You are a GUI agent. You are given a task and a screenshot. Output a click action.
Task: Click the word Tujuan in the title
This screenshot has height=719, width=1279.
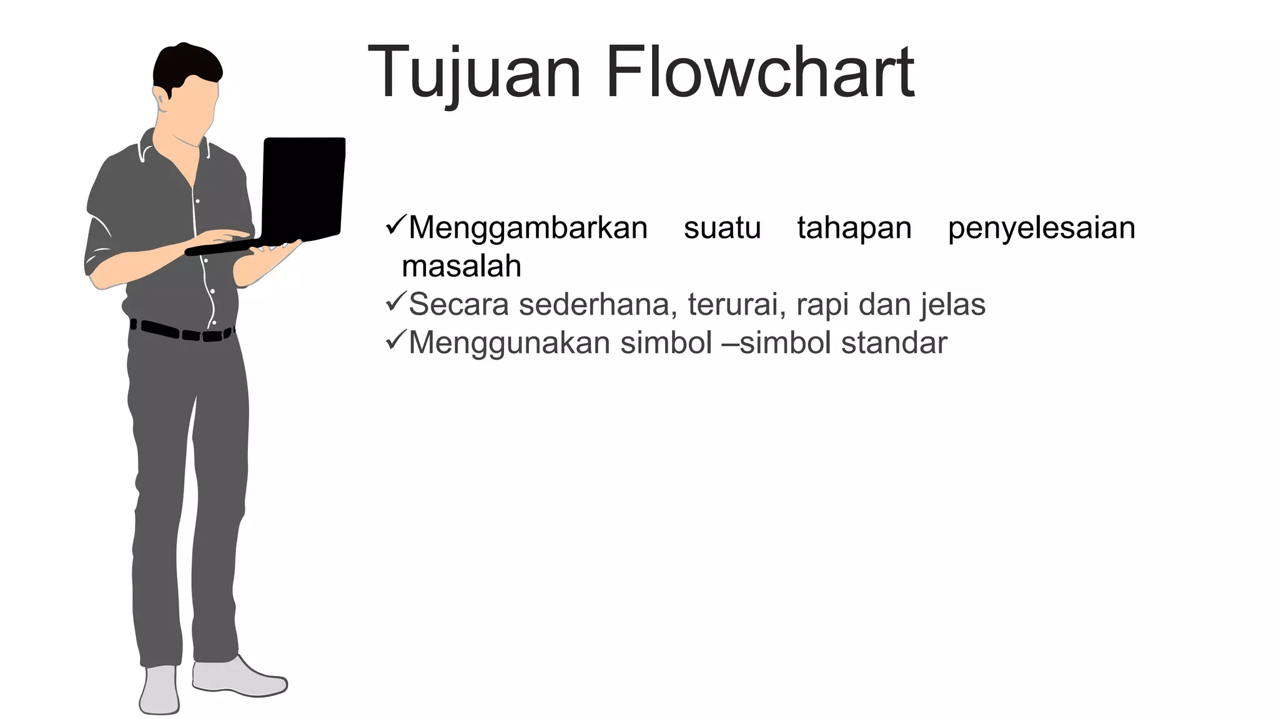click(475, 74)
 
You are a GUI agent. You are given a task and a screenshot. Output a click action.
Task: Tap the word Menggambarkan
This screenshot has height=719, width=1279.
click(528, 228)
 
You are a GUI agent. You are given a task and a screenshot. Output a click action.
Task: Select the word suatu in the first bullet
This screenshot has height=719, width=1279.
click(722, 228)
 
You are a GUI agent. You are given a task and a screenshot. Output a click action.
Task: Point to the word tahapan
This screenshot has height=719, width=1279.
click(854, 228)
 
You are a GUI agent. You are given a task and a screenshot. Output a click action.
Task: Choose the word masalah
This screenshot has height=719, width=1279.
click(462, 267)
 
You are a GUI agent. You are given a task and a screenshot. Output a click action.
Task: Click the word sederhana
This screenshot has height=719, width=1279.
click(598, 305)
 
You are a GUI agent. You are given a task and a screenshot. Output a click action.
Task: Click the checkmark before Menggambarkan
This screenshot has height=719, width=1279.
click(396, 225)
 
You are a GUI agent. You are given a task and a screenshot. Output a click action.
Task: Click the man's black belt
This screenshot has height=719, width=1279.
click(181, 331)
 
